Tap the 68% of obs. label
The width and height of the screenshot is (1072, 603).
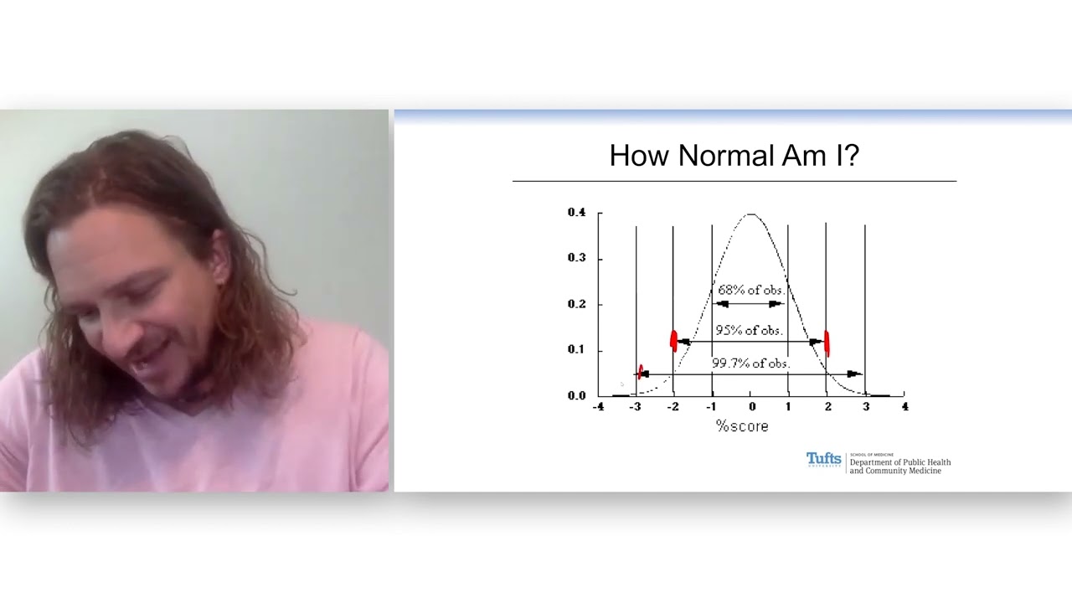click(x=750, y=290)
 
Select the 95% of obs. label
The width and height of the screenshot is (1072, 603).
click(x=748, y=330)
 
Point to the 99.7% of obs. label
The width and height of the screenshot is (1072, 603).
click(x=750, y=363)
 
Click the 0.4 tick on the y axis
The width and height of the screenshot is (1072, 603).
click(x=576, y=213)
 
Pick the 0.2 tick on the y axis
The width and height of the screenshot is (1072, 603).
click(x=576, y=304)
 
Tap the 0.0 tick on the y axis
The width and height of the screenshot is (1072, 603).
click(x=576, y=395)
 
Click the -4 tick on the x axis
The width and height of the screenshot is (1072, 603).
click(x=598, y=407)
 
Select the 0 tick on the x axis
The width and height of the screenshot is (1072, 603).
click(x=751, y=407)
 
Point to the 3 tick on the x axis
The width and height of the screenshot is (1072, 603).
click(x=866, y=407)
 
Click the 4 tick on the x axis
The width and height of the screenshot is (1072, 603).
click(x=904, y=407)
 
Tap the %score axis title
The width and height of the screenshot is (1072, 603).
click(x=741, y=426)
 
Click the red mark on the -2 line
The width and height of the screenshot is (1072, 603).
click(x=673, y=340)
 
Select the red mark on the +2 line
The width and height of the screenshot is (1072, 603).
click(x=827, y=342)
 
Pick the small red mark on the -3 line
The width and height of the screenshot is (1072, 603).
click(x=641, y=372)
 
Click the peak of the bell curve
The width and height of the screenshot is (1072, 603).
click(x=750, y=215)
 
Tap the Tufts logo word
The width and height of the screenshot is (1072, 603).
click(x=823, y=459)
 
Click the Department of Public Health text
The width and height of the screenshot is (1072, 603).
click(x=899, y=462)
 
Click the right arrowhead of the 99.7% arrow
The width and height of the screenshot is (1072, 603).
click(x=853, y=374)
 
